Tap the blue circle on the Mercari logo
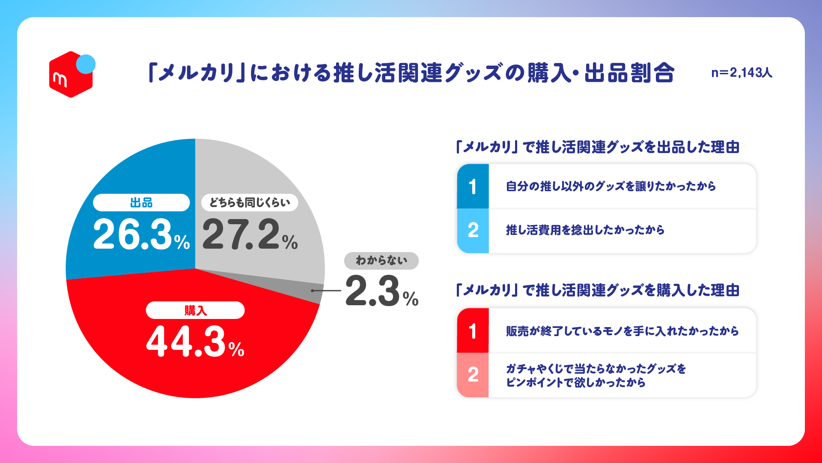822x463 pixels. coord(86,64)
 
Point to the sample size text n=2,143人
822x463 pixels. coord(742,73)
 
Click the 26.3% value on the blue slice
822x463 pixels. coord(141,235)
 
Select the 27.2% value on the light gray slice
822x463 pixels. coord(250,235)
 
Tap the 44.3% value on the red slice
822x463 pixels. coord(195,342)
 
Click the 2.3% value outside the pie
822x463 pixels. coord(381,292)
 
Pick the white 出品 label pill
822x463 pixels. coord(141,202)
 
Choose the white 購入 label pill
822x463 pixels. coord(195,310)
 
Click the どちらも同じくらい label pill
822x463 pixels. coord(250,202)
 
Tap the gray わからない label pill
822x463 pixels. coord(381,261)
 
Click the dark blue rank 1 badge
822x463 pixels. coord(473,186)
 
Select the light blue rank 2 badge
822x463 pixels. coord(473,231)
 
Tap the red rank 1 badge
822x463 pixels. coord(473,331)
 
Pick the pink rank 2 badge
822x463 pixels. coord(473,375)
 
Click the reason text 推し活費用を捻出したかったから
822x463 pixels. coord(585,230)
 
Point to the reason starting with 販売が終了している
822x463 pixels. coord(622,331)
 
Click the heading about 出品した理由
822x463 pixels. coord(598,147)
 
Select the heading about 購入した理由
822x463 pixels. coord(598,290)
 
